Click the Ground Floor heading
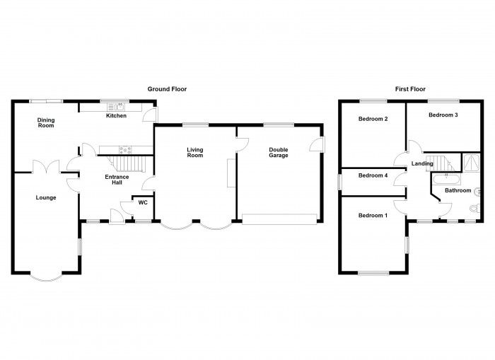(x=167, y=89)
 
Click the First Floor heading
(x=410, y=89)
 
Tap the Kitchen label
(x=116, y=116)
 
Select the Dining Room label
(x=46, y=122)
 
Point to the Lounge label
(x=46, y=198)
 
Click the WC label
(x=143, y=202)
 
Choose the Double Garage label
(x=279, y=153)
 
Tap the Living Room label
(x=194, y=153)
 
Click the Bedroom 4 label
(x=373, y=175)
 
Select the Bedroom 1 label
(x=373, y=216)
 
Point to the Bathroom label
(x=458, y=190)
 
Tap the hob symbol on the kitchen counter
(x=125, y=150)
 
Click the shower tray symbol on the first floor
(x=472, y=162)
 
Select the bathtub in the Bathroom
(x=447, y=180)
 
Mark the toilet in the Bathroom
(x=474, y=209)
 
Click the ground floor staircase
(x=127, y=163)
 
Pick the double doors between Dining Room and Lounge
(x=46, y=167)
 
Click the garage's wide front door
(x=279, y=219)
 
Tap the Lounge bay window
(x=46, y=278)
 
